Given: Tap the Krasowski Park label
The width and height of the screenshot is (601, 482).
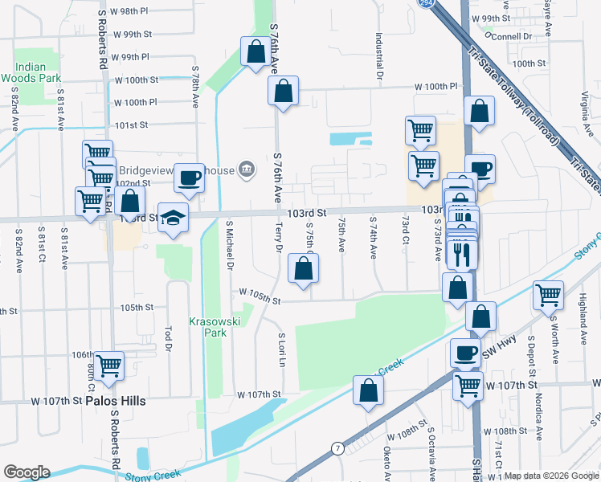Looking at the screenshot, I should [211, 326].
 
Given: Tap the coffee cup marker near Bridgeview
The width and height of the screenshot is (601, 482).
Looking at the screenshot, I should [189, 178].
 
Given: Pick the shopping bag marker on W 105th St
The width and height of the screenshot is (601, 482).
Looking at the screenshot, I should [303, 270].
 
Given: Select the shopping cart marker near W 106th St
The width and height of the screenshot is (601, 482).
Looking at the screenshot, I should [108, 366].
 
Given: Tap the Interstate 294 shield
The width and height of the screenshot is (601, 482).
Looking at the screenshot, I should [423, 4].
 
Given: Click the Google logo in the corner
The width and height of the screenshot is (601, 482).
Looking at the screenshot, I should [27, 472].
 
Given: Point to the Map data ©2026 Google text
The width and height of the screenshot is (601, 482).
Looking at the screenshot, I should [551, 476].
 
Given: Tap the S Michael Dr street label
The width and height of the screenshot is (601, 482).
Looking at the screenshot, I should [231, 245].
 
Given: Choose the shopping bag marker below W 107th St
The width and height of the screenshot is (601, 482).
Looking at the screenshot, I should [368, 390].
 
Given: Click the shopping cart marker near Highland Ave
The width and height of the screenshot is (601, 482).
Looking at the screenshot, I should [548, 295].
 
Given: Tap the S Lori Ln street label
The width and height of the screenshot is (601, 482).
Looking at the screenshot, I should [282, 349].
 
